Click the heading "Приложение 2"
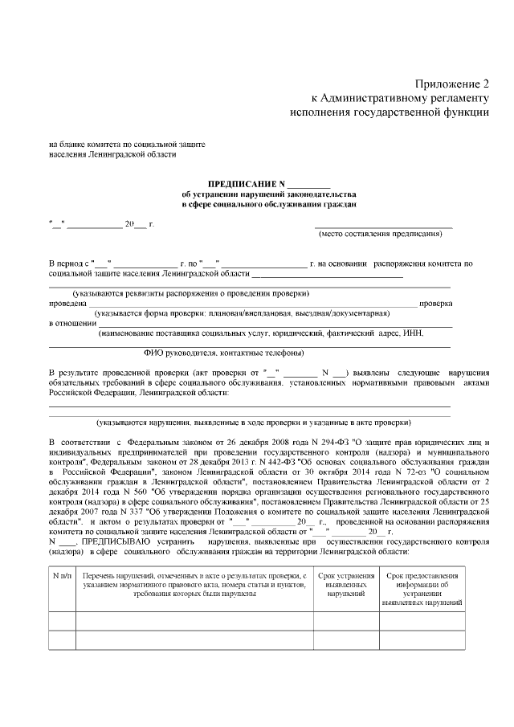(451, 84)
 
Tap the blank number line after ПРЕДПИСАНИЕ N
(308, 184)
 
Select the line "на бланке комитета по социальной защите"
(127, 144)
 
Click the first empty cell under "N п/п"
(63, 621)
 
